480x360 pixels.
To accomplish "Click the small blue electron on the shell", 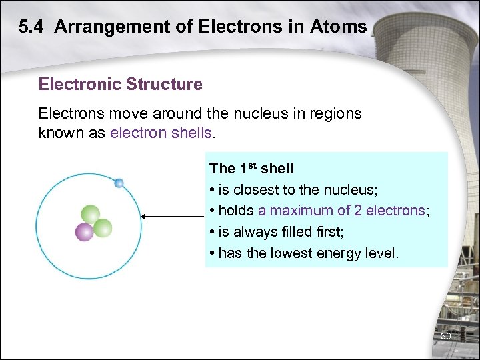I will tap(119, 183).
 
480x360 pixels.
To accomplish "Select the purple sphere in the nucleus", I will tap(84, 232).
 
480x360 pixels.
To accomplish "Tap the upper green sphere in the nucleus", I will tap(90, 215).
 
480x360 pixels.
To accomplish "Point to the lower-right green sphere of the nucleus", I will tap(103, 228).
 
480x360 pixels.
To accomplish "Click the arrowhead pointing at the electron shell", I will tap(145, 216).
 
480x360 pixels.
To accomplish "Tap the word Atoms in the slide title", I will tap(342, 27).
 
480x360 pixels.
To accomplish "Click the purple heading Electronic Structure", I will tap(121, 85).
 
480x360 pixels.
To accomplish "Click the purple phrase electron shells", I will tap(160, 132).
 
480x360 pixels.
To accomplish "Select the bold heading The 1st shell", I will tap(251, 169).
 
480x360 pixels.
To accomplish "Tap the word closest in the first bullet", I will tap(256, 189).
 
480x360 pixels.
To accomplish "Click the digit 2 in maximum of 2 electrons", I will tap(358, 211).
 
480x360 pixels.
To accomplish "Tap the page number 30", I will tap(446, 336).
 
